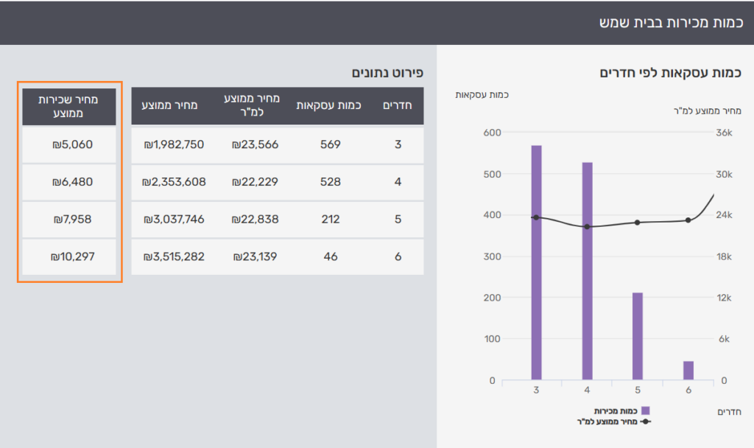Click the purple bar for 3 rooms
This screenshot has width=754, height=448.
[536, 262]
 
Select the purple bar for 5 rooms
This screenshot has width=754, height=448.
[638, 336]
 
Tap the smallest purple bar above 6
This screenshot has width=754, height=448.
[688, 371]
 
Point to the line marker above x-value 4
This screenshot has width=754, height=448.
[587, 226]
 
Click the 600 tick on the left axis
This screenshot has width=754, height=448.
[486, 133]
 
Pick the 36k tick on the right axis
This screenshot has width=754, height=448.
[725, 133]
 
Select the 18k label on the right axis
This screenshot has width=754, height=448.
[725, 256]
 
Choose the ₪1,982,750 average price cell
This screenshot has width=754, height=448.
[174, 144]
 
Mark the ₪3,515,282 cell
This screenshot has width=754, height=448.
[174, 256]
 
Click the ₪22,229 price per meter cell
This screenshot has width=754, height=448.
[256, 181]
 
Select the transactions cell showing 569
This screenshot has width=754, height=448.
[330, 144]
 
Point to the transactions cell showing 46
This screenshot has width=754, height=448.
[330, 256]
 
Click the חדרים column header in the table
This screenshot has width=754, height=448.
[398, 105]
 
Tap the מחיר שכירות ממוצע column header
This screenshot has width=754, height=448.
[69, 106]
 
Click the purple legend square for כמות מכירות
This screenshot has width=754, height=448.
[645, 410]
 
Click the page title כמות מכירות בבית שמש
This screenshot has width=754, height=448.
[670, 22]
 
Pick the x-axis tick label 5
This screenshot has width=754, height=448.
[638, 391]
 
